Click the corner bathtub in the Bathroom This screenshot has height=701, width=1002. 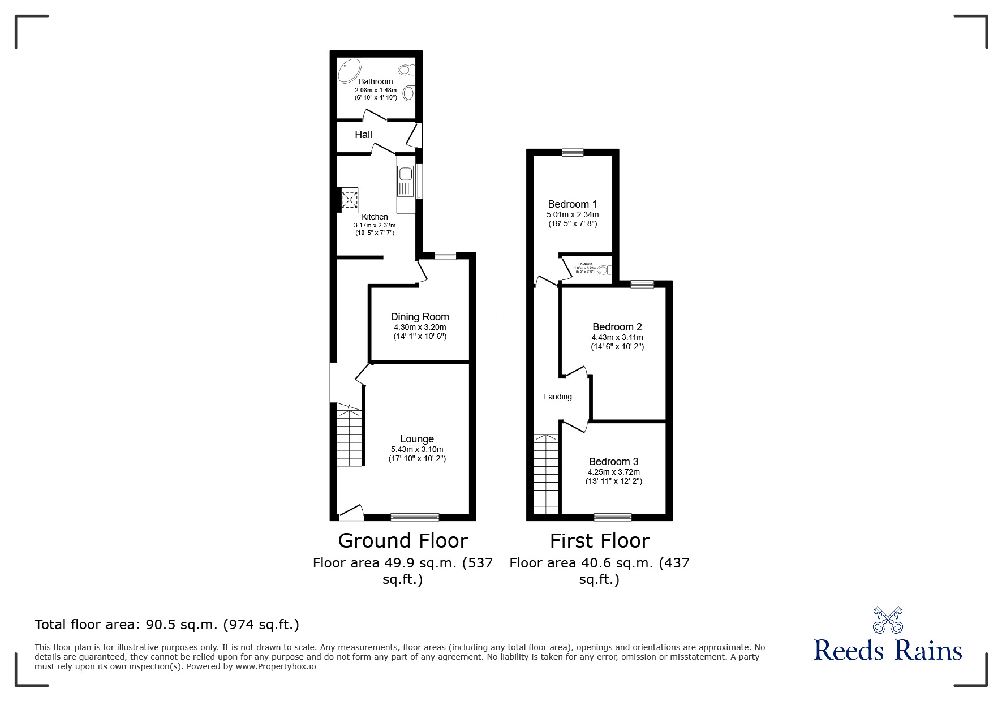click(x=349, y=71)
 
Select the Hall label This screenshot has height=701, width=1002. click(x=363, y=135)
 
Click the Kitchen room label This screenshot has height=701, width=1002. click(x=375, y=217)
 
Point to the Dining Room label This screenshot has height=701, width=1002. click(x=420, y=317)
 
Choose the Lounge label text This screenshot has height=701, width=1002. click(x=417, y=439)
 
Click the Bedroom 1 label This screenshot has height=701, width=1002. click(x=572, y=204)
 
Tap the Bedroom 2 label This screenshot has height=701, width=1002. click(x=617, y=327)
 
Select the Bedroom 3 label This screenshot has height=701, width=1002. click(x=613, y=462)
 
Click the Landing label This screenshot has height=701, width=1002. click(x=558, y=397)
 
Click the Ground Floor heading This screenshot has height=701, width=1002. click(x=403, y=541)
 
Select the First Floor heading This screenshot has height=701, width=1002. click(x=599, y=541)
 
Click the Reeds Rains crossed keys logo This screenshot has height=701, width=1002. click(x=887, y=620)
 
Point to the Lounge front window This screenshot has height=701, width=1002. click(x=415, y=516)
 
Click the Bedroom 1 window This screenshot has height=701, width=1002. click(x=573, y=152)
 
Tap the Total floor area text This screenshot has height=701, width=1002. click(x=167, y=625)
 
